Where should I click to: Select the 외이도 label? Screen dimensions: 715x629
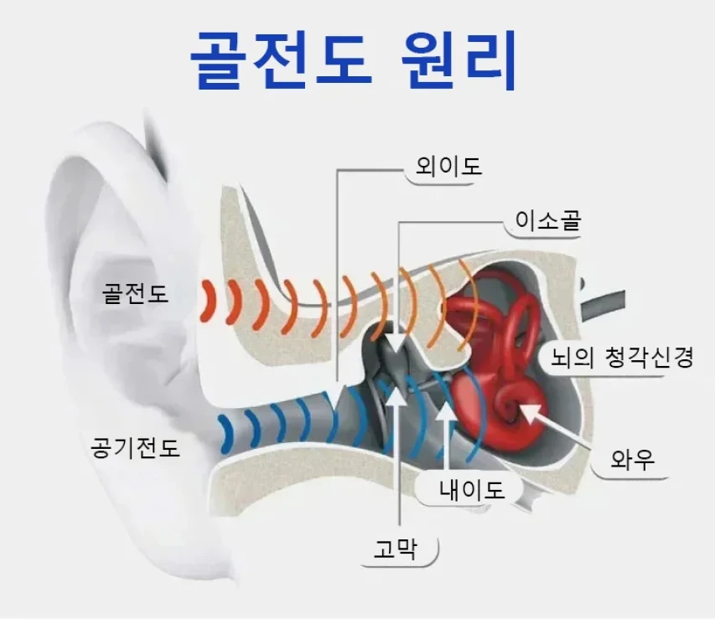tap(443, 167)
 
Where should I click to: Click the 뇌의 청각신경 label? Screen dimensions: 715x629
tap(621, 358)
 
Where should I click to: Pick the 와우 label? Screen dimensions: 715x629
tap(632, 460)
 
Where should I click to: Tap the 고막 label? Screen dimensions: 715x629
tap(400, 550)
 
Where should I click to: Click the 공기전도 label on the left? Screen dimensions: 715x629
tap(135, 447)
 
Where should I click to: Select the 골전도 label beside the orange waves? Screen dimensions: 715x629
tap(135, 294)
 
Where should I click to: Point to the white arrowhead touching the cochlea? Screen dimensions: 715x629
tap(527, 410)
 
